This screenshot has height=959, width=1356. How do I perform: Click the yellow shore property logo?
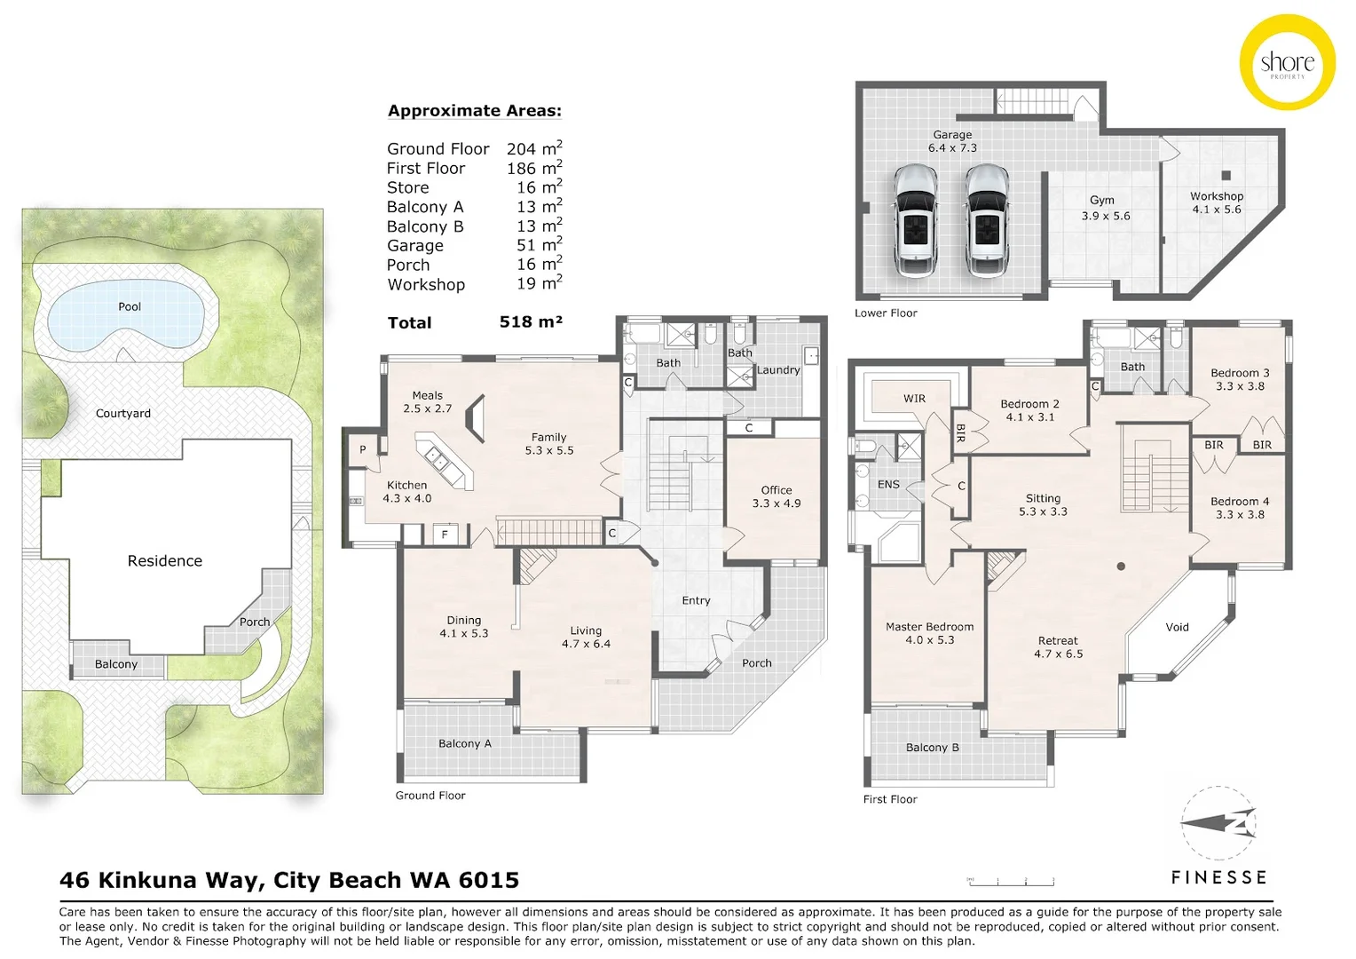click(1287, 62)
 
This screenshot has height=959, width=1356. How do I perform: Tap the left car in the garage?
click(915, 219)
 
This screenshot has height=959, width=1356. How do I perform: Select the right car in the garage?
click(987, 219)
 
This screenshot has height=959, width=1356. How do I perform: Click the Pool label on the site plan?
click(130, 306)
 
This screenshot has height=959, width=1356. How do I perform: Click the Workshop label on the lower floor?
click(1217, 202)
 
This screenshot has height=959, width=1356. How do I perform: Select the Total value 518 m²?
click(531, 322)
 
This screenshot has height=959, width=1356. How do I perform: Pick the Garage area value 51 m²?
click(539, 245)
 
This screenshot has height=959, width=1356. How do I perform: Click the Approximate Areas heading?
click(475, 111)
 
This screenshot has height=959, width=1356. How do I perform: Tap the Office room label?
click(777, 496)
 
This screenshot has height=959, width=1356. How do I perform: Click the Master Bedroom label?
click(929, 633)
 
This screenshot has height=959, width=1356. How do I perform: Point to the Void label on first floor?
click(1177, 627)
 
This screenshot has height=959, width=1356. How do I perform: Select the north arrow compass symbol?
click(1218, 823)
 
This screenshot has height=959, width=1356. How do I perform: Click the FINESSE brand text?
click(1218, 877)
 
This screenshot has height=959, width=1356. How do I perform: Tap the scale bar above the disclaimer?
click(1011, 881)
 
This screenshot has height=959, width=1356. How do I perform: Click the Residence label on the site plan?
click(165, 561)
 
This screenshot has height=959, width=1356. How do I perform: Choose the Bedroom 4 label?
click(1240, 507)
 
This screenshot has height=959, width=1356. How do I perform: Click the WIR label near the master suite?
click(914, 399)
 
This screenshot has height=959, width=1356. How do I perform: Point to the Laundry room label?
click(778, 370)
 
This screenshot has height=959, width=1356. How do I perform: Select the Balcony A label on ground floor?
click(464, 744)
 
